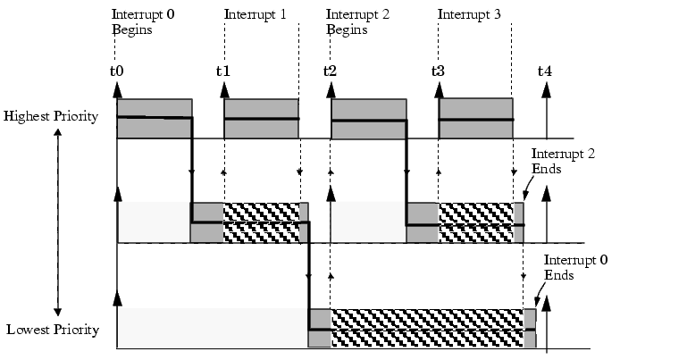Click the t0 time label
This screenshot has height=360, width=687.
[x=116, y=71]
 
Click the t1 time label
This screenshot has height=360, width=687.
[x=223, y=71]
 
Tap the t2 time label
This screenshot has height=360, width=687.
[x=330, y=71]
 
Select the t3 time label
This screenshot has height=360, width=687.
[x=438, y=71]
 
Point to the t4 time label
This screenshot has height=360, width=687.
[x=545, y=71]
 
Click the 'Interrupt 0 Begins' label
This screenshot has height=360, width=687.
[x=143, y=22]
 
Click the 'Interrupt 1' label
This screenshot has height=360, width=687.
[x=255, y=14]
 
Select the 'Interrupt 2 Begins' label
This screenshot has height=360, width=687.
[x=357, y=22]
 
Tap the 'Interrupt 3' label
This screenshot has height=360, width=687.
[x=469, y=14]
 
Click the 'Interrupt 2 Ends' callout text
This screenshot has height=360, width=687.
[x=563, y=161]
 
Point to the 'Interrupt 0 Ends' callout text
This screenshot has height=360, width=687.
[x=575, y=267]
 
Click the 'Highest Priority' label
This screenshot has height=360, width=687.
[x=51, y=117]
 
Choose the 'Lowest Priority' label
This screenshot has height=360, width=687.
[x=53, y=330]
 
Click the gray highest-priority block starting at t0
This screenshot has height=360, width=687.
[x=155, y=119]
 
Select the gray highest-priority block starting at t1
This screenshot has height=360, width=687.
[x=262, y=119]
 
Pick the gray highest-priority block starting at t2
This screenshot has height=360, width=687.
[x=369, y=119]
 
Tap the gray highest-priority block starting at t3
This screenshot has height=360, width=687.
[x=476, y=119]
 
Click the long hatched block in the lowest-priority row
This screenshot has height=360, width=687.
[x=427, y=328]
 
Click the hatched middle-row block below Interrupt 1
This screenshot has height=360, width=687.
[x=262, y=222]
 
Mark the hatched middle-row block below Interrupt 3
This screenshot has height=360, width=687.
[x=476, y=222]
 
